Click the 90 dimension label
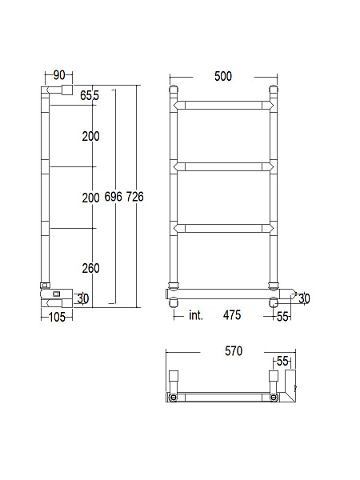click(59, 75)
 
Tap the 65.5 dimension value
click(90, 95)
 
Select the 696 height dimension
click(114, 197)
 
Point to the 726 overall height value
click(135, 197)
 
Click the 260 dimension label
click(91, 268)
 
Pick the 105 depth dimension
click(58, 317)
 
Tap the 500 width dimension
click(223, 76)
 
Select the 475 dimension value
click(232, 315)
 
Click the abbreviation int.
click(196, 315)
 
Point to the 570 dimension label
click(234, 351)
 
